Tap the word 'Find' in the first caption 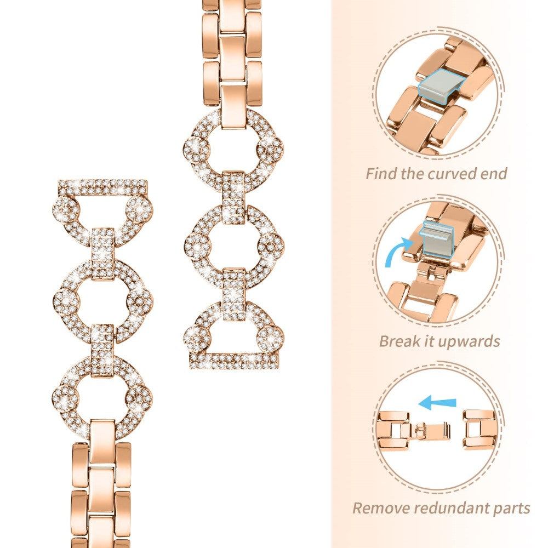(384, 174)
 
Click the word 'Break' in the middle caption (401, 341)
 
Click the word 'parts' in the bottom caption (511, 508)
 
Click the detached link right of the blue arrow (480, 430)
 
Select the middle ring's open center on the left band (102, 298)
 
